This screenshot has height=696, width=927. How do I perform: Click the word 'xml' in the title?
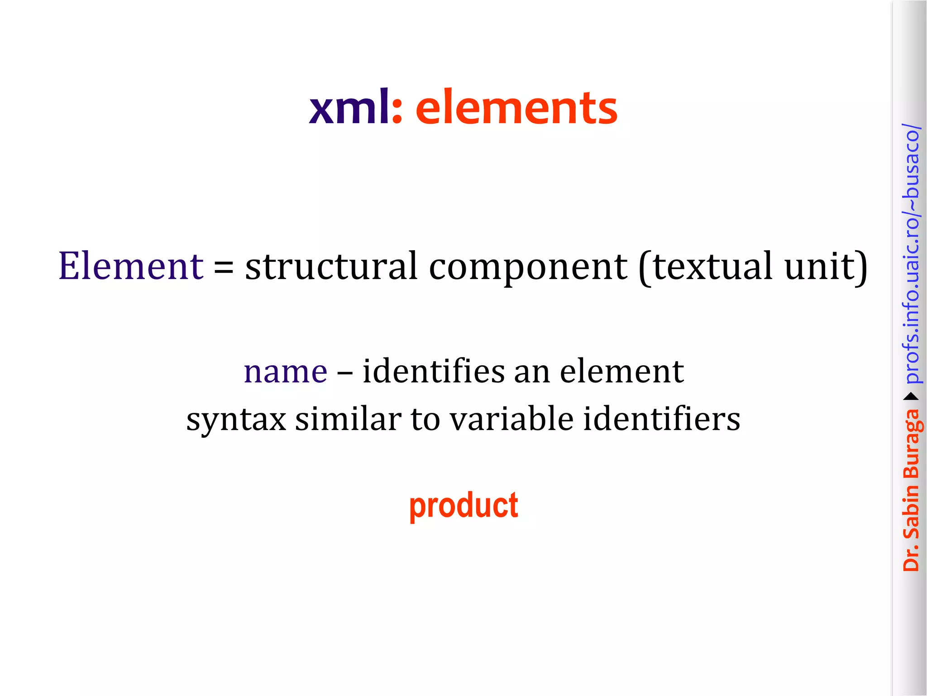(349, 108)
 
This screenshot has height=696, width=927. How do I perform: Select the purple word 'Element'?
(131, 266)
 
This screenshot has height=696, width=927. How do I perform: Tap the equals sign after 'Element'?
(224, 267)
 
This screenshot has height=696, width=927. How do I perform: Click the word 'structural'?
(331, 266)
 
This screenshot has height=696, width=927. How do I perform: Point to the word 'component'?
(528, 267)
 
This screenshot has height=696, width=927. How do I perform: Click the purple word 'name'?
(285, 372)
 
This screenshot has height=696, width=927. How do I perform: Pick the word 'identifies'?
(433, 371)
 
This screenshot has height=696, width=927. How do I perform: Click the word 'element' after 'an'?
(621, 371)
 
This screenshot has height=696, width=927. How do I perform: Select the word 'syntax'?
(236, 420)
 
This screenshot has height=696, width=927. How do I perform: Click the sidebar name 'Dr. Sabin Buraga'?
(911, 489)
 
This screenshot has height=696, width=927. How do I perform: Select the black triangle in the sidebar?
(911, 397)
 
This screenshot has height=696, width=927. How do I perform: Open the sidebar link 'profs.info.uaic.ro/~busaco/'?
(911, 254)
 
